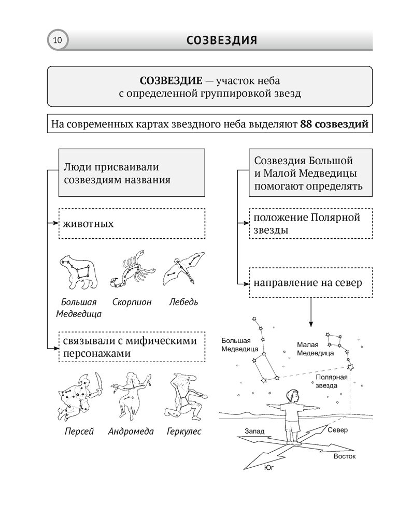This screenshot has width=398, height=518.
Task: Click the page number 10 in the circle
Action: [x=56, y=40]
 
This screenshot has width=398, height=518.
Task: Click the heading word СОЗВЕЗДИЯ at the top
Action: [x=221, y=40]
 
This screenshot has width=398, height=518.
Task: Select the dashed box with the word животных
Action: [x=132, y=224]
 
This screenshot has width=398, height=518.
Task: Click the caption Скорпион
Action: [x=132, y=302]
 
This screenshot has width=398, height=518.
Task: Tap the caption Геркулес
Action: [x=184, y=431]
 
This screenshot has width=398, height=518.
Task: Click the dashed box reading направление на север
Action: [x=311, y=283]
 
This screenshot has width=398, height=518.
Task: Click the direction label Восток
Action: [x=344, y=457]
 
